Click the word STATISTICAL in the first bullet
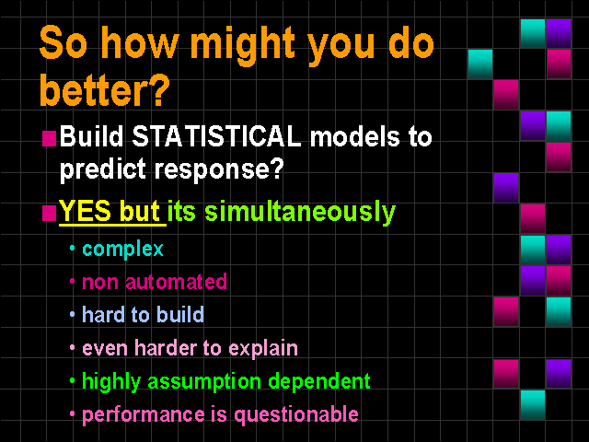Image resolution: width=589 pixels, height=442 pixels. coord(216,135)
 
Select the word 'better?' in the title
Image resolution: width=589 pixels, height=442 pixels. coord(105,89)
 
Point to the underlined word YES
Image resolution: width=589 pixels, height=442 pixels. coord(85,211)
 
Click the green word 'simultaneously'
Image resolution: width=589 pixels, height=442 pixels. coord(300,213)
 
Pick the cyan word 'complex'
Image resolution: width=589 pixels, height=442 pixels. coord(122,250)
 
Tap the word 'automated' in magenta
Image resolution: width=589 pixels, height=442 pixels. coord(176,282)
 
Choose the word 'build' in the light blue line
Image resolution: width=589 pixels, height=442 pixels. coord(180,314)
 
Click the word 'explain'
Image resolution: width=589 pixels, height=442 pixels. coord(263,348)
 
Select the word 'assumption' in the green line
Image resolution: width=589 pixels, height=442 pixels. coord(204,382)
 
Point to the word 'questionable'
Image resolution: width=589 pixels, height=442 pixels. coord(296,415)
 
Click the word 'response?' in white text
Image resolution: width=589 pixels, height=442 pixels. coord(219,169)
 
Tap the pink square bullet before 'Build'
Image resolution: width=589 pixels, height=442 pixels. coord(49,138)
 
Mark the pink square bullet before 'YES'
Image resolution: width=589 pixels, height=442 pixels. coord(49,213)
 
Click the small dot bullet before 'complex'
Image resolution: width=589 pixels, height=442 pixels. coord(73,248)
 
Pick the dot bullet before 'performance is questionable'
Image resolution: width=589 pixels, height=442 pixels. coord(73,413)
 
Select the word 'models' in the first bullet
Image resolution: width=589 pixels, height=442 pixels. coord(353,136)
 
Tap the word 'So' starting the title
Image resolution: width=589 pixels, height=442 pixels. coord(64,43)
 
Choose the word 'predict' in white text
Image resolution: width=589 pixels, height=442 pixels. coord(103,169)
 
